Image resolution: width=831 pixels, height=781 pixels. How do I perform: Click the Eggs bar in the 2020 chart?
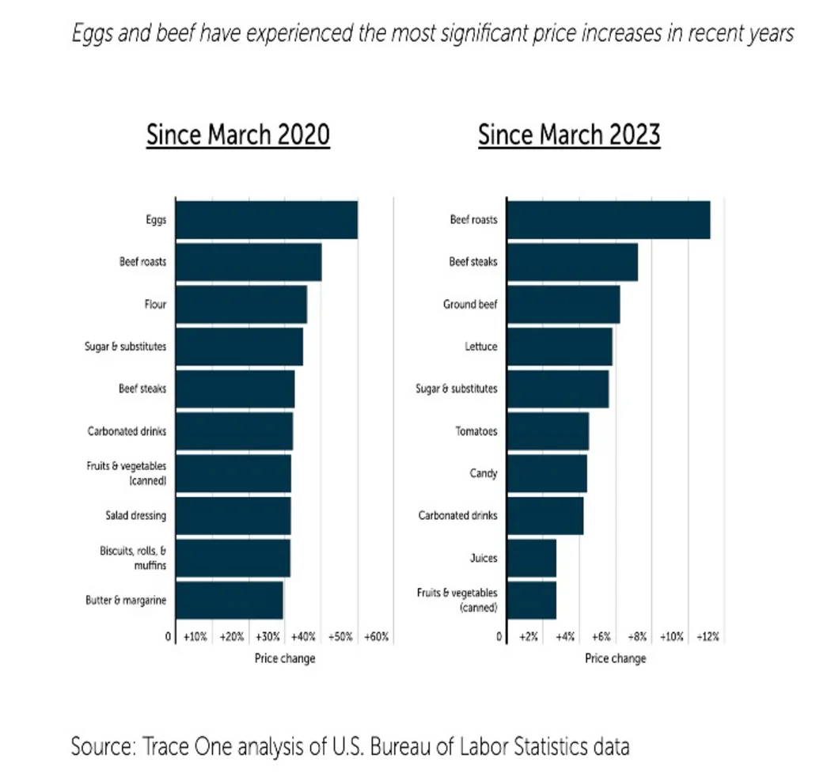coord(266,220)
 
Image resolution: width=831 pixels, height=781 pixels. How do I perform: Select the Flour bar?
coord(241,305)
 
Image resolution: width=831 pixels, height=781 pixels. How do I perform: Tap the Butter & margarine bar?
coord(229,600)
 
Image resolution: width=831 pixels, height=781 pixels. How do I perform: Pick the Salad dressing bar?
coord(233,516)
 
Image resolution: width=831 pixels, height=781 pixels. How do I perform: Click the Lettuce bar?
coord(559,347)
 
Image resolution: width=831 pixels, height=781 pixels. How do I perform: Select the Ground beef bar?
coord(563,305)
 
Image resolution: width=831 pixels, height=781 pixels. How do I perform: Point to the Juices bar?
coord(531,558)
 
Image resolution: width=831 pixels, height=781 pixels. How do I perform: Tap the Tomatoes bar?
coord(548,431)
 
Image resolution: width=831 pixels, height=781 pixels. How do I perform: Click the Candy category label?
coord(484,473)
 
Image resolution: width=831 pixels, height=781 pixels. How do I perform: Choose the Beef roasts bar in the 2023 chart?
coord(608,220)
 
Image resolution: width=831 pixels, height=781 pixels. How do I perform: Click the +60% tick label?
coord(377,637)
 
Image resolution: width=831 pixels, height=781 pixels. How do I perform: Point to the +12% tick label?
coord(708,637)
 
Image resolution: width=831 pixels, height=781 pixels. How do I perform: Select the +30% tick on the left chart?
coord(268,637)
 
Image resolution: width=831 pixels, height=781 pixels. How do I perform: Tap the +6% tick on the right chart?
coord(601,637)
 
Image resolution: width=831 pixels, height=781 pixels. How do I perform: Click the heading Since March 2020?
coord(237,135)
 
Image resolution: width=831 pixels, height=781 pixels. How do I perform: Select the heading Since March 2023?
coord(569,135)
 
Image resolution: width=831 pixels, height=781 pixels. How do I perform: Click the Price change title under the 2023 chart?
coord(615,658)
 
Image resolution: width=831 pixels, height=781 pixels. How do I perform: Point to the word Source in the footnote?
coord(103,746)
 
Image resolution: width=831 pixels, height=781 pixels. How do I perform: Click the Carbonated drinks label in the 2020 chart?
coord(127,431)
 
